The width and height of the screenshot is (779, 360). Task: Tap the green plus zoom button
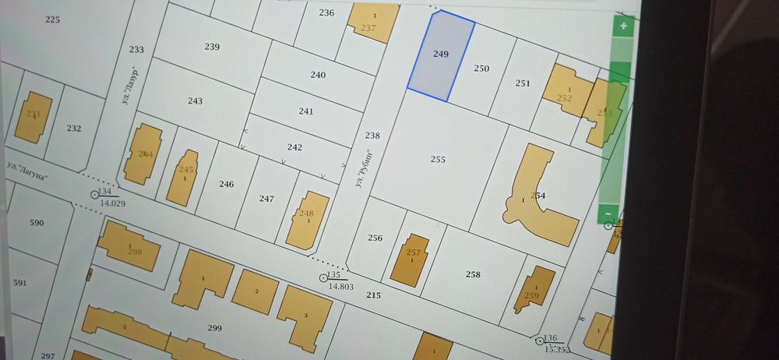pyautogui.click(x=623, y=26)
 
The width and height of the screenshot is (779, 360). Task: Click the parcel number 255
pyautogui.click(x=438, y=159)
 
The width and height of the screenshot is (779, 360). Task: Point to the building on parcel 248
pyautogui.click(x=307, y=219)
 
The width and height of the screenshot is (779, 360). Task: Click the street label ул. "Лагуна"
pyautogui.click(x=27, y=172)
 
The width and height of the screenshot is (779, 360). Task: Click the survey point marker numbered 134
pyautogui.click(x=96, y=193)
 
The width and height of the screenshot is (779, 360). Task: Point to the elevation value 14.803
pyautogui.click(x=341, y=287)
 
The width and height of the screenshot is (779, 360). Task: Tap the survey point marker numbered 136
pyautogui.click(x=540, y=341)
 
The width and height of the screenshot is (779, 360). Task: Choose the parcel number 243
pyautogui.click(x=196, y=101)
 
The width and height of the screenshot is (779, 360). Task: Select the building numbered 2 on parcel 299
pyautogui.click(x=256, y=291)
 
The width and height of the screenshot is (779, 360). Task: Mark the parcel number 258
pyautogui.click(x=473, y=274)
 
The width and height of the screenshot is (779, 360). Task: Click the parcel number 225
pyautogui.click(x=52, y=19)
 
